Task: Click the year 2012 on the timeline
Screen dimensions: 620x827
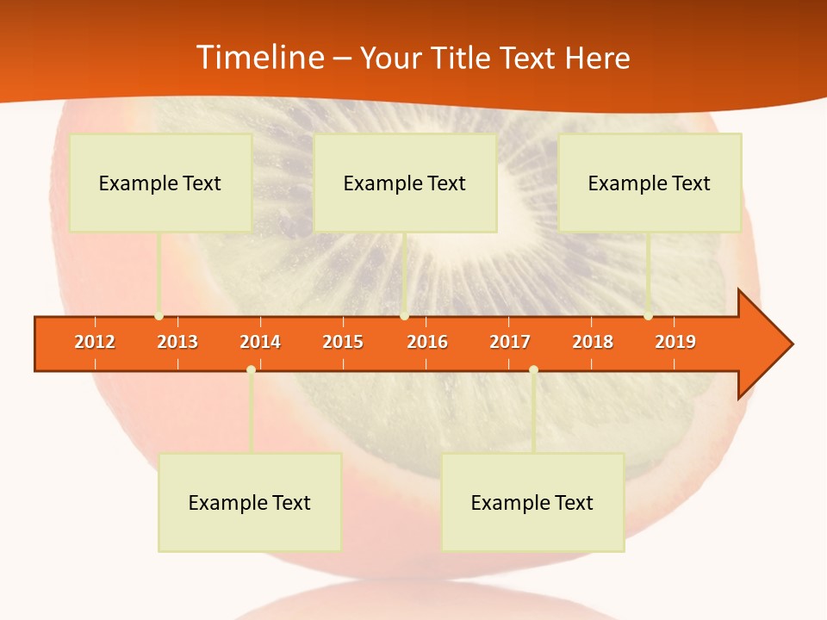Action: pyautogui.click(x=95, y=342)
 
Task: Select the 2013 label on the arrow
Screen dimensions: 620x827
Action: pyautogui.click(x=177, y=342)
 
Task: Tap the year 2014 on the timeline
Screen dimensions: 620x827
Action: pyautogui.click(x=260, y=342)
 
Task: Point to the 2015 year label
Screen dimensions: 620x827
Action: pyautogui.click(x=343, y=342)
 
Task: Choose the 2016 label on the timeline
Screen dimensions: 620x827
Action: pyautogui.click(x=427, y=342)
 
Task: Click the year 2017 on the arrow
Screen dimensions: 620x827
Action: pyautogui.click(x=510, y=342)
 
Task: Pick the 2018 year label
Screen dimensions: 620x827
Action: pyautogui.click(x=593, y=342)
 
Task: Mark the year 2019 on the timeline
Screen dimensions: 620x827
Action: pyautogui.click(x=675, y=342)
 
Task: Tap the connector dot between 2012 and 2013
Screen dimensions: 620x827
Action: pyautogui.click(x=159, y=316)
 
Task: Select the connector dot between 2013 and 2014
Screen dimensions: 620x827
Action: pyautogui.click(x=251, y=369)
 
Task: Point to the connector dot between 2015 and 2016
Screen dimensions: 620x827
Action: pyautogui.click(x=404, y=316)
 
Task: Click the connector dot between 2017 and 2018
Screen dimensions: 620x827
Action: pyautogui.click(x=533, y=369)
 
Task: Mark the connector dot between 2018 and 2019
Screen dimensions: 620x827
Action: pyautogui.click(x=648, y=316)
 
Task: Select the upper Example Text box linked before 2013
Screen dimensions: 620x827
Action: pyautogui.click(x=160, y=183)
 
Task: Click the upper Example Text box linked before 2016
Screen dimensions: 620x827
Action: pyautogui.click(x=405, y=183)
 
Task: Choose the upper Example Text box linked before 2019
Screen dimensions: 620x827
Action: pyautogui.click(x=650, y=183)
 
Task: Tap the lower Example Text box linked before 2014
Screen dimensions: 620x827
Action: pyautogui.click(x=250, y=502)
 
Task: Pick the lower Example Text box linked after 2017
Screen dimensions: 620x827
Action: pyautogui.click(x=532, y=502)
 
